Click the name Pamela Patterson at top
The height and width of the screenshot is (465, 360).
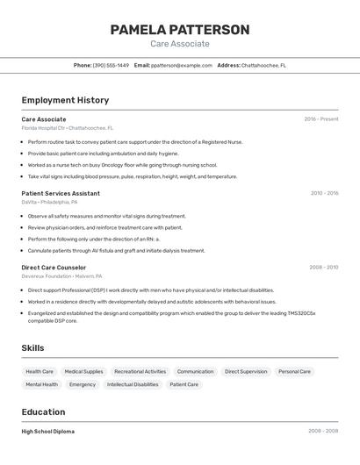(180, 30)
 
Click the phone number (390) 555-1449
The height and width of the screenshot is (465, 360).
(111, 65)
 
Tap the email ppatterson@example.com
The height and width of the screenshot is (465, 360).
(182, 65)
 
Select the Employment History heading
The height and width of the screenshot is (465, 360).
(65, 100)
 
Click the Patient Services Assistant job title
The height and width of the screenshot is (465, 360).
(61, 193)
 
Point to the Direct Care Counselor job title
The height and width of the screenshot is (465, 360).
(54, 267)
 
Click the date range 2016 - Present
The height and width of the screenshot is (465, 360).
(321, 119)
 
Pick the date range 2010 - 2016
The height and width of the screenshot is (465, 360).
(324, 193)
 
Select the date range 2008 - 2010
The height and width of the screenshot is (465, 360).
(323, 267)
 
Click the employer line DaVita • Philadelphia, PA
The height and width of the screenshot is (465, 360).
(54, 202)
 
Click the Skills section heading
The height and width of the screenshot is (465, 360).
(32, 348)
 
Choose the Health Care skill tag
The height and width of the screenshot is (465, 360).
(40, 371)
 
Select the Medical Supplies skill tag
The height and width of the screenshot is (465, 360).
(83, 371)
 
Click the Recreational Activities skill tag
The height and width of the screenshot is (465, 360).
(140, 371)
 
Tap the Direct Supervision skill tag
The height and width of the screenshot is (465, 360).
(246, 371)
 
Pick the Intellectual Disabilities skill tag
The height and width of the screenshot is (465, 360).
(133, 384)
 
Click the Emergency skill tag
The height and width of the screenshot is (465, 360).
(83, 384)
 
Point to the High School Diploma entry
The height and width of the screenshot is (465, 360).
(48, 432)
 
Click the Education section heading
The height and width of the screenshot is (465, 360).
(43, 411)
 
